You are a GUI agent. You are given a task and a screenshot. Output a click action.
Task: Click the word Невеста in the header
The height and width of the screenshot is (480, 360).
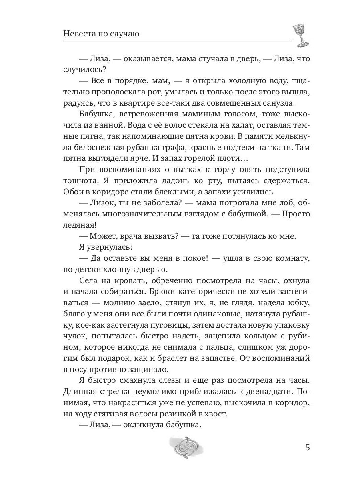point(79,34)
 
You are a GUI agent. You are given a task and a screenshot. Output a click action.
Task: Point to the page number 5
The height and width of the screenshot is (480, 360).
point(307,447)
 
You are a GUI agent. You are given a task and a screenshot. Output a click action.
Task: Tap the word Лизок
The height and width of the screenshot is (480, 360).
point(103,202)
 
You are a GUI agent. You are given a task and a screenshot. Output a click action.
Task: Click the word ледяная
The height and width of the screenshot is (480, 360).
point(78,225)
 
